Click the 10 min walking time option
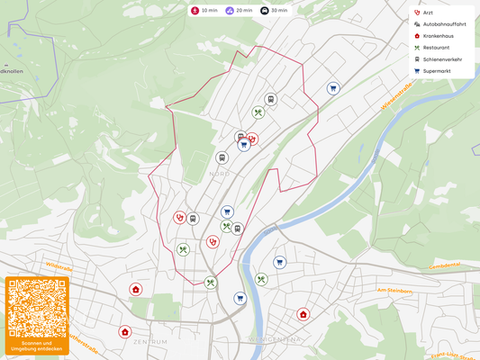tap(204, 11)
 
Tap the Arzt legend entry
tap(436, 12)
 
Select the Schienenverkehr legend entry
tap(442, 58)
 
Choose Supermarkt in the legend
tap(439, 70)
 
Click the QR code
tap(36, 307)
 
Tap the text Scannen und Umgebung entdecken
tap(36, 346)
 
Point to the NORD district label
tap(219, 174)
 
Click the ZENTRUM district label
tap(150, 342)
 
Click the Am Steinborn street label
tap(394, 291)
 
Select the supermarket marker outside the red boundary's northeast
tap(333, 88)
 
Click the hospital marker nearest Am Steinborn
tap(303, 314)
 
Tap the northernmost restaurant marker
tap(258, 112)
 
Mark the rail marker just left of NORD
tap(222, 157)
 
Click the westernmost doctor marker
tap(124, 330)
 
